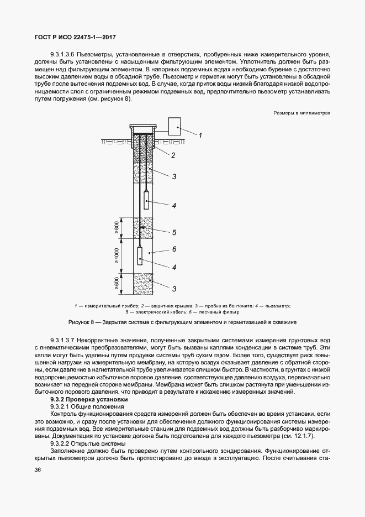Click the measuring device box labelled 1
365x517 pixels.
pos(177,127)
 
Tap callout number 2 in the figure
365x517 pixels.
pos(173,155)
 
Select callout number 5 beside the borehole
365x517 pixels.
pos(173,232)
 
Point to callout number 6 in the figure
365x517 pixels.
pos(173,249)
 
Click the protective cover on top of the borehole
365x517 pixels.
pos(142,127)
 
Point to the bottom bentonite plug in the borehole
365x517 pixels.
pos(142,284)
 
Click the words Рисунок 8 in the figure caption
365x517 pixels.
pos(82,321)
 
